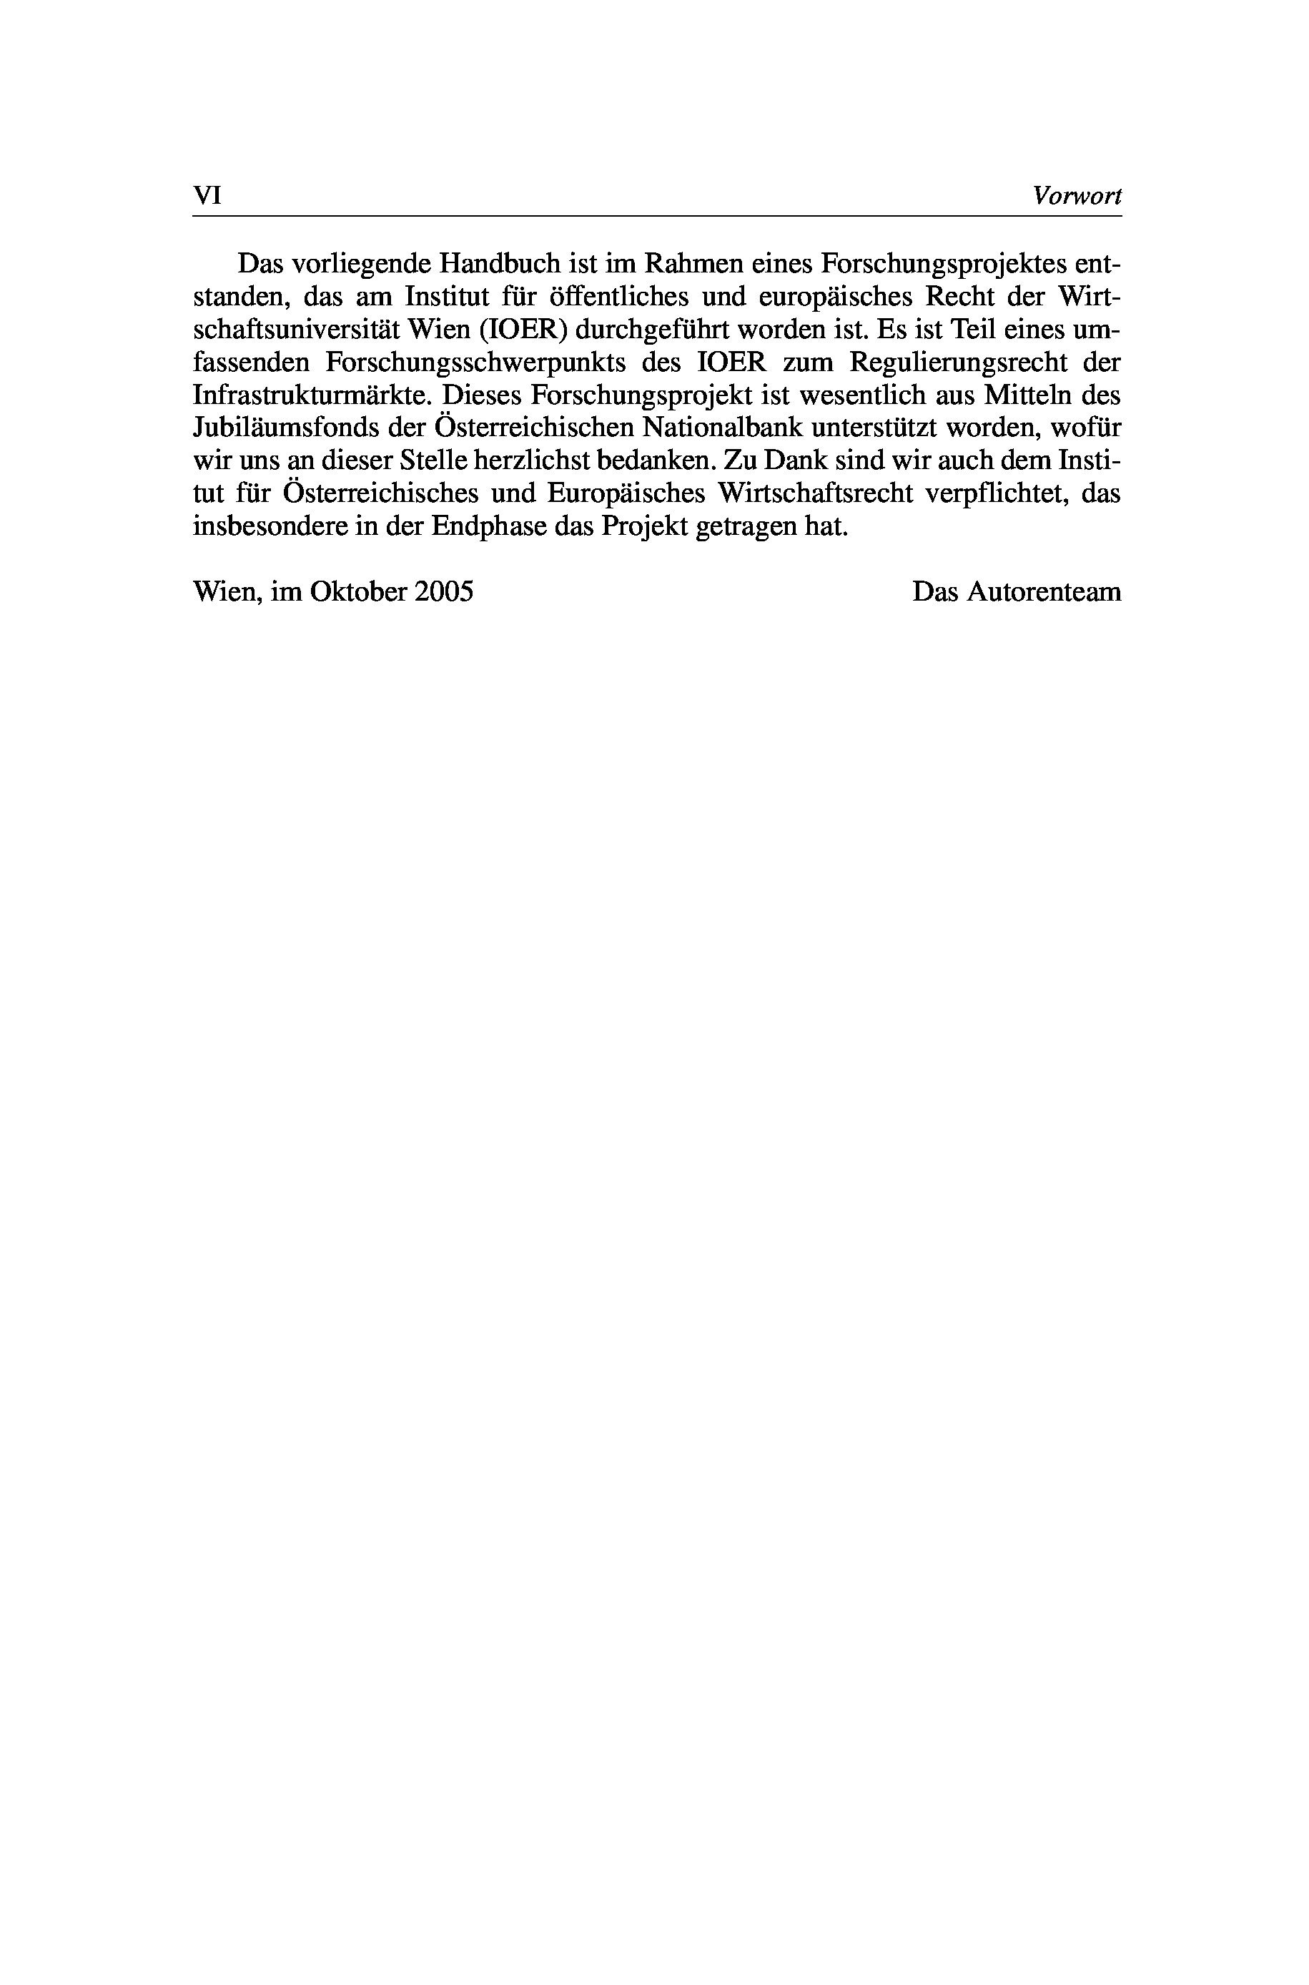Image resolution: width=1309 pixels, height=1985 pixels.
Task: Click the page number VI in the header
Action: click(206, 196)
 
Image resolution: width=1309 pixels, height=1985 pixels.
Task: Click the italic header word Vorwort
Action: click(1076, 196)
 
